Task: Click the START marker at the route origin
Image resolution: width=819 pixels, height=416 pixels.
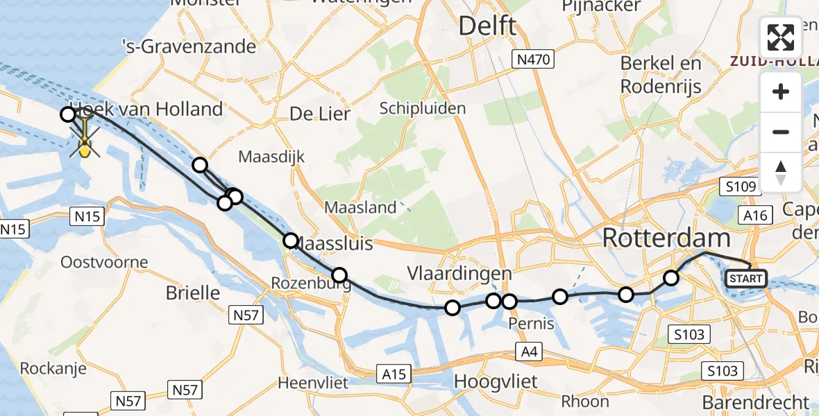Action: (x=745, y=279)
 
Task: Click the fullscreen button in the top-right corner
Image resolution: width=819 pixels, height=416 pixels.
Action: (x=781, y=37)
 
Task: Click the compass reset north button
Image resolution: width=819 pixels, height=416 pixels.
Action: (x=781, y=172)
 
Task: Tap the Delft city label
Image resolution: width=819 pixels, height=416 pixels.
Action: (x=487, y=26)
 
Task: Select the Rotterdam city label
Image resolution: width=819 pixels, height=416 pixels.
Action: (x=666, y=239)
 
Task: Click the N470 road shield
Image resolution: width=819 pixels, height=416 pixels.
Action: (x=533, y=60)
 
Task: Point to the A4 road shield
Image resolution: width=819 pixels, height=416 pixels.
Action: (x=530, y=353)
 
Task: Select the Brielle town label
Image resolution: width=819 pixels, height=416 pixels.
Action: (x=193, y=293)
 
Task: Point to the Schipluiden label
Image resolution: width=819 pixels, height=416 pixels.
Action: (x=423, y=109)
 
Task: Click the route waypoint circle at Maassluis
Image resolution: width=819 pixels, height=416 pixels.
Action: (x=291, y=241)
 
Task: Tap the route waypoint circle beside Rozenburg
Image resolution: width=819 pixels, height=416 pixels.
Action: (x=339, y=275)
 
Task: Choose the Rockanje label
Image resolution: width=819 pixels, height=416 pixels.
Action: (x=53, y=368)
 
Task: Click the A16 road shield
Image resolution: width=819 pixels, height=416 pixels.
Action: (x=754, y=215)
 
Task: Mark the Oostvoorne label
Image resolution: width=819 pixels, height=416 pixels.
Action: (x=104, y=262)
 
